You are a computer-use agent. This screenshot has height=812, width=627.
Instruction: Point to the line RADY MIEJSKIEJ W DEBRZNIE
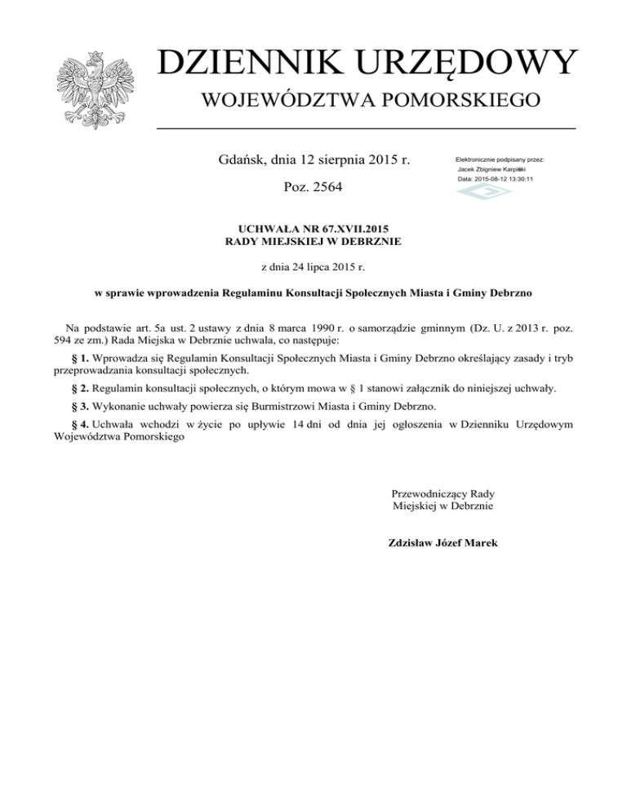click(x=313, y=241)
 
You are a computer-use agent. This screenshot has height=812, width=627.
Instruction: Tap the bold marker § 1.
click(x=79, y=357)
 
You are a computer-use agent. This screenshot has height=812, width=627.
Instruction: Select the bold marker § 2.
click(x=79, y=387)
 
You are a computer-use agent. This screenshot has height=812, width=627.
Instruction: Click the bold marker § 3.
click(x=79, y=406)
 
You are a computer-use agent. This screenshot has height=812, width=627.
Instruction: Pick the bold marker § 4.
click(x=79, y=424)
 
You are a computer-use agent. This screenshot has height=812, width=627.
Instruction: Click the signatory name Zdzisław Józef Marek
click(x=444, y=542)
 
